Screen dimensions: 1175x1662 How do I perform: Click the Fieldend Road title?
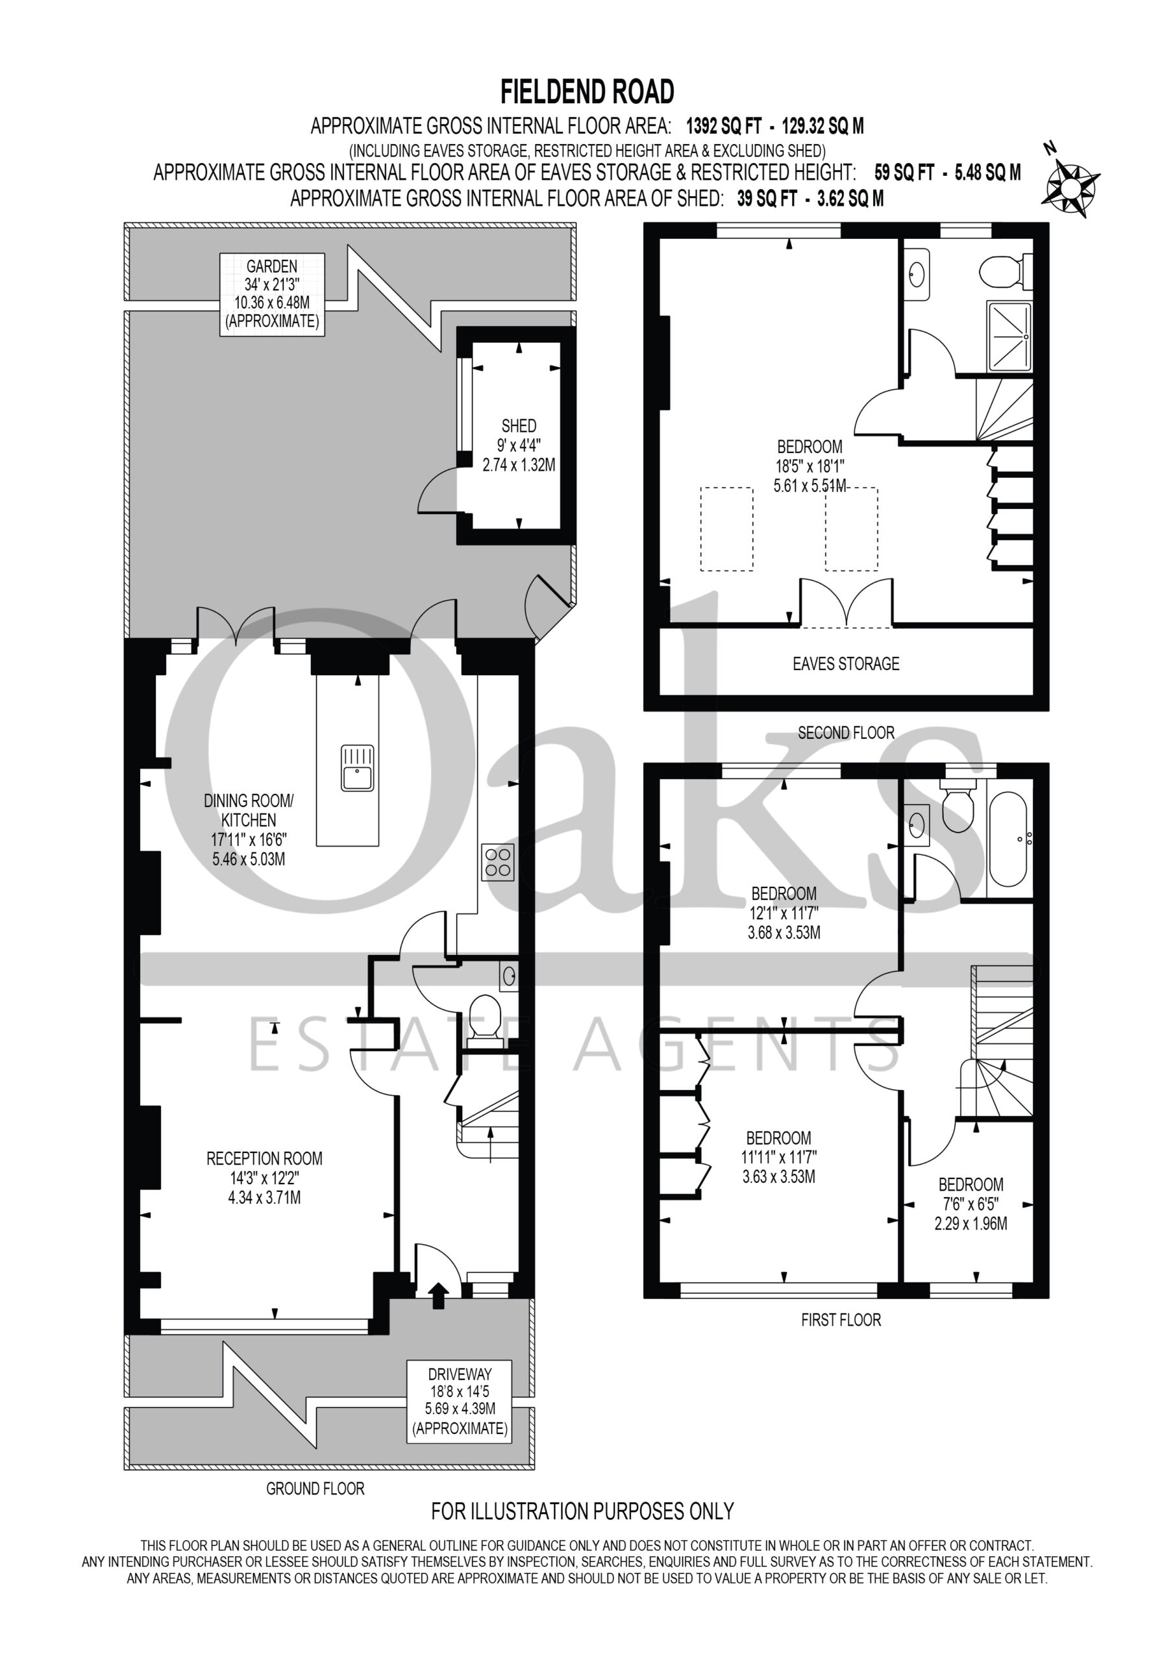[587, 92]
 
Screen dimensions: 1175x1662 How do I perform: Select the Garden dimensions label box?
[271, 294]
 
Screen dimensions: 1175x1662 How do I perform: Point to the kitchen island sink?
[358, 768]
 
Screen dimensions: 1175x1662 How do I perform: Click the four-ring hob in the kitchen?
[498, 862]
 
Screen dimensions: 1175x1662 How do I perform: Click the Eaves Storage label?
[846, 664]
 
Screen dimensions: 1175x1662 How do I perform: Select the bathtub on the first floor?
[1008, 840]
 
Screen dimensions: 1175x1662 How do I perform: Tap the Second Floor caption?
[846, 732]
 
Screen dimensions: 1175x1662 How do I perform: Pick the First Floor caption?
[841, 1320]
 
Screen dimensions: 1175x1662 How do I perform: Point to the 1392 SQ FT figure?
[723, 127]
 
